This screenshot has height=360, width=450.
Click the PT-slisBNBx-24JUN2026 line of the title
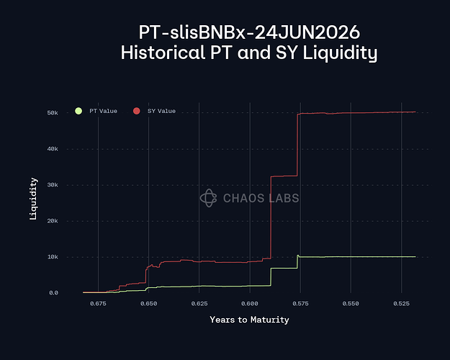(x=249, y=32)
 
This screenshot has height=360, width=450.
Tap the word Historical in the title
(x=155, y=53)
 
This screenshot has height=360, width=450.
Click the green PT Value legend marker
(x=78, y=111)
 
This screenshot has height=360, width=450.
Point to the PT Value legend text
(x=102, y=111)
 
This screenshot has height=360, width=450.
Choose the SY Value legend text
(x=161, y=111)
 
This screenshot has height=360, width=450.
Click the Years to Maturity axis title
(x=249, y=320)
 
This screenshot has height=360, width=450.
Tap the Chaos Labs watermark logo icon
(x=208, y=198)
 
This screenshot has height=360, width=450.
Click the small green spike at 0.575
(x=298, y=255)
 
